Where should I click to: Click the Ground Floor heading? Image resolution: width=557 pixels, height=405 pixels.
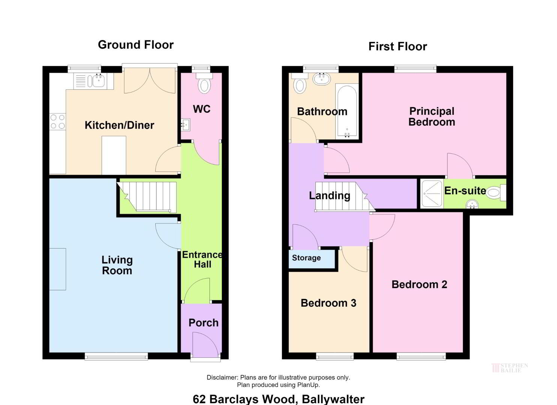[x=135, y=45]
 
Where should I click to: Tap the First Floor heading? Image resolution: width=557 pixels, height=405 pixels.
[x=398, y=46]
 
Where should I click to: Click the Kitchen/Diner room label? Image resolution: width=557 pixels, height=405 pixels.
[x=119, y=125]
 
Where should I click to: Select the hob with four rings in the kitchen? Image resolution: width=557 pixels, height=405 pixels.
[x=57, y=121]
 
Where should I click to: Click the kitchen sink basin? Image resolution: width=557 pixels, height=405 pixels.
[x=99, y=80]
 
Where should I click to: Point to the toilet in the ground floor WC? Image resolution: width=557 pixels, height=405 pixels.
[x=204, y=83]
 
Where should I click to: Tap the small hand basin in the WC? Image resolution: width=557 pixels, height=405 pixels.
[x=185, y=125]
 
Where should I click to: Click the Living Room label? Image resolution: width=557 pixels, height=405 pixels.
[x=117, y=265]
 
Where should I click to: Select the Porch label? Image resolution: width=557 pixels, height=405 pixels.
[x=203, y=323]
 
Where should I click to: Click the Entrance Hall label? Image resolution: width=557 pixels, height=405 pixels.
[x=203, y=259]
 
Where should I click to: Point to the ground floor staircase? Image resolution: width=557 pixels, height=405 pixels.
[x=147, y=197]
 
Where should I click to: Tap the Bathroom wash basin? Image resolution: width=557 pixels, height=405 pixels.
[x=322, y=79]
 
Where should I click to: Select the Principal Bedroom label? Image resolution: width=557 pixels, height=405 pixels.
[x=432, y=117]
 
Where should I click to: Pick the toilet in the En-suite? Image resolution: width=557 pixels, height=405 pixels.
[x=496, y=193]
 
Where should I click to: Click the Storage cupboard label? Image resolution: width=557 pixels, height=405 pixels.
[x=306, y=258]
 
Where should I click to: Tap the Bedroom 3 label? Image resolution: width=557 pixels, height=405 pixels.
[x=328, y=303]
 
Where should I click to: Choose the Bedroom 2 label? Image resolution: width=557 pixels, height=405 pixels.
[x=419, y=284]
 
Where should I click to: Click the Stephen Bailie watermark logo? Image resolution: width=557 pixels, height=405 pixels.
[x=509, y=368]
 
